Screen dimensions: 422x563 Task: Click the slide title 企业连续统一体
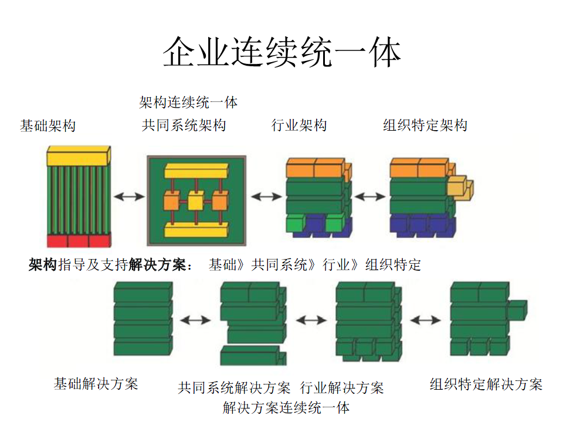pos(281,53)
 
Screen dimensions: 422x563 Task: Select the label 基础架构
pos(48,125)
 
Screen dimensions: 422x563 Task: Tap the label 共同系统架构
pos(184,125)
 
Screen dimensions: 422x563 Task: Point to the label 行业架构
pos(299,125)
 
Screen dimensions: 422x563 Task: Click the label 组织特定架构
pos(425,125)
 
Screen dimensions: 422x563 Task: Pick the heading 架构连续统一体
pos(188,103)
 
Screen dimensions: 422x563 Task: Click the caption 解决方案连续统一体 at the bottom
pos(286,407)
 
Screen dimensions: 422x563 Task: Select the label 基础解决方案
pos(96,384)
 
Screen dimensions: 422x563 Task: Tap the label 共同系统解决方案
pos(235,387)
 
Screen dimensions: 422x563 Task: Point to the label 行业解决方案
pos(342,387)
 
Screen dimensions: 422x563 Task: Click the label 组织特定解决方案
pos(486,384)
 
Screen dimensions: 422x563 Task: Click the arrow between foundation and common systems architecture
pos(128,197)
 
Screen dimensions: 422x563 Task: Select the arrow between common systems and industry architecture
pos(266,197)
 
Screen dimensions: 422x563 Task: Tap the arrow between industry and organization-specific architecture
pos(370,197)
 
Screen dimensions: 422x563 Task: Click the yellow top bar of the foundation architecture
pos(78,156)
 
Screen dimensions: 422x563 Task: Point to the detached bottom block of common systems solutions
pos(252,355)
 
